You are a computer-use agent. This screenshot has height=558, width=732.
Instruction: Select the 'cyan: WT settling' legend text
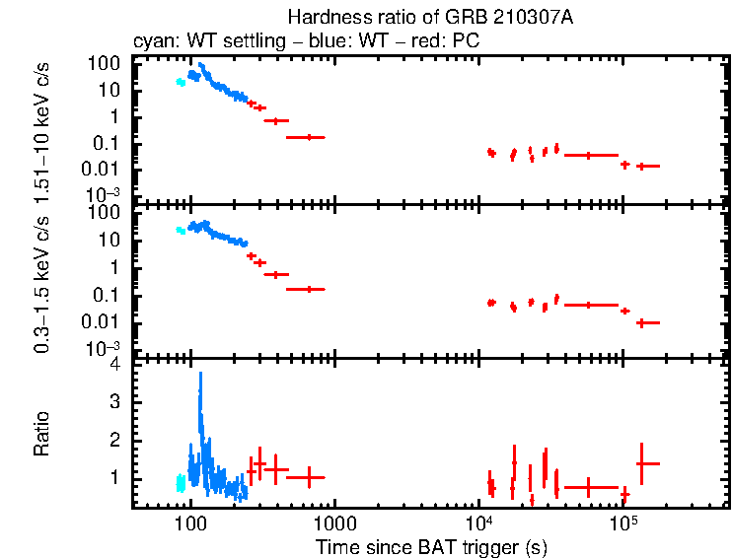pyautogui.click(x=192, y=42)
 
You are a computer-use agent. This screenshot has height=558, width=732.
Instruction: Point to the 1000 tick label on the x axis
pyautogui.click(x=334, y=524)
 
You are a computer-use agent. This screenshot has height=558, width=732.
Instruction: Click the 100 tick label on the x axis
pyautogui.click(x=189, y=524)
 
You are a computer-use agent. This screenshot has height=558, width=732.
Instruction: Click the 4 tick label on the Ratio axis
pyautogui.click(x=115, y=365)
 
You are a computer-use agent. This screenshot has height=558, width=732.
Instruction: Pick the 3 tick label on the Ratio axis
pyautogui.click(x=115, y=402)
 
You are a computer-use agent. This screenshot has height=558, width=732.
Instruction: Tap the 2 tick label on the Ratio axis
pyautogui.click(x=115, y=440)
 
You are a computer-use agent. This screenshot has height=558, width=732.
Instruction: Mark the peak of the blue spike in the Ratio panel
pyautogui.click(x=200, y=374)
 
